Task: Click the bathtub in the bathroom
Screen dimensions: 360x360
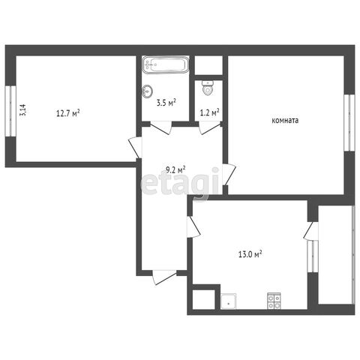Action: point(166,64)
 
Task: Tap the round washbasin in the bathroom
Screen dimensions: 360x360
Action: point(147,91)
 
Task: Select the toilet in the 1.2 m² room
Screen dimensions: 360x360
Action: point(207,88)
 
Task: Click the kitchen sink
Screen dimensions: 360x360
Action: point(228,301)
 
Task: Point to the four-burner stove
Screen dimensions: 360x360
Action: point(274,301)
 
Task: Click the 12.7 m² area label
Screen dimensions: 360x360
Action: point(68,113)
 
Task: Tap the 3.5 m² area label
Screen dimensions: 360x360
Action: point(166,103)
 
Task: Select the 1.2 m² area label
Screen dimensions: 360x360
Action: point(210,112)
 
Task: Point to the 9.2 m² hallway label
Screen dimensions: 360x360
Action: point(175,170)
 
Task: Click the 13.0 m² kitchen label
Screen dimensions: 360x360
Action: point(250,254)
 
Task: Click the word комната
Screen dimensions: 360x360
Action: point(285,121)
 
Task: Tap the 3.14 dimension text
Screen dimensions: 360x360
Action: point(22,110)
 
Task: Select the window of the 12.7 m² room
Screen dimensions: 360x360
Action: point(10,111)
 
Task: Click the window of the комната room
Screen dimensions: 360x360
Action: point(349,123)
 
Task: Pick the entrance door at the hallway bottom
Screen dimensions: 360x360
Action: point(164,277)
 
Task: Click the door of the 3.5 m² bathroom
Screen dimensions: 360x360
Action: point(161,127)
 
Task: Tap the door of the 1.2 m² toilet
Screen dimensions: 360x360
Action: point(209,127)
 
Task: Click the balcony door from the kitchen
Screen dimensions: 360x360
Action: point(310,230)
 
